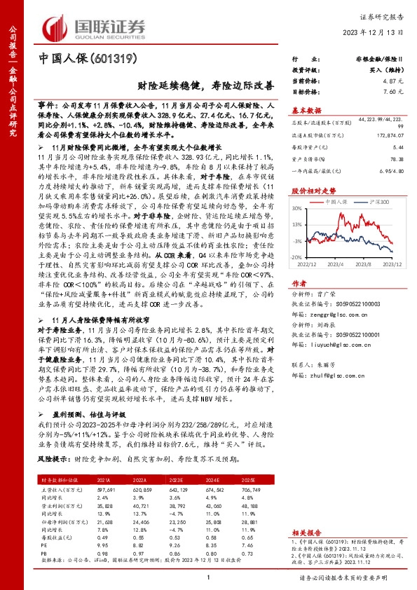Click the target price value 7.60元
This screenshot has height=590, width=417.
click(x=391, y=92)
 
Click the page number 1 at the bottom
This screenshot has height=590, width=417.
click(x=208, y=576)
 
